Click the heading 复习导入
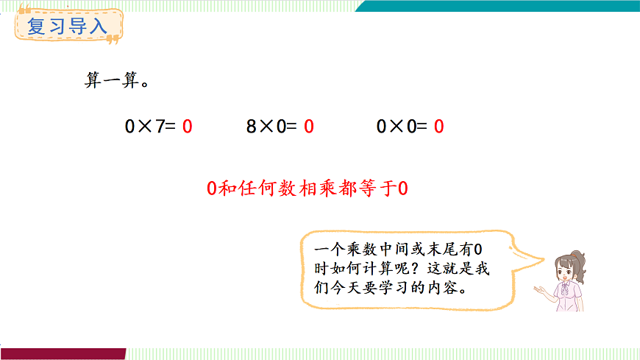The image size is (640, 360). [x=67, y=27]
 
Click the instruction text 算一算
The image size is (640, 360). [x=113, y=81]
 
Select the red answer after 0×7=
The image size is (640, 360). [x=188, y=127]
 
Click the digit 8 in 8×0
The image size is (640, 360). [x=251, y=127]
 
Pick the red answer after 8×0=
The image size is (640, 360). [x=309, y=127]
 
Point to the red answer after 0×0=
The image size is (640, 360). [x=438, y=127]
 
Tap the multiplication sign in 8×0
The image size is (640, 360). [x=265, y=127]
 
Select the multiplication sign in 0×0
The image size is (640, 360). [x=397, y=127]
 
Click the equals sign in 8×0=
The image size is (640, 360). [x=292, y=127]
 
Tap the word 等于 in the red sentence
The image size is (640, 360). [x=375, y=189]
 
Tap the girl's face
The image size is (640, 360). [x=565, y=272]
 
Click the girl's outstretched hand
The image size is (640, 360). [x=541, y=292]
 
